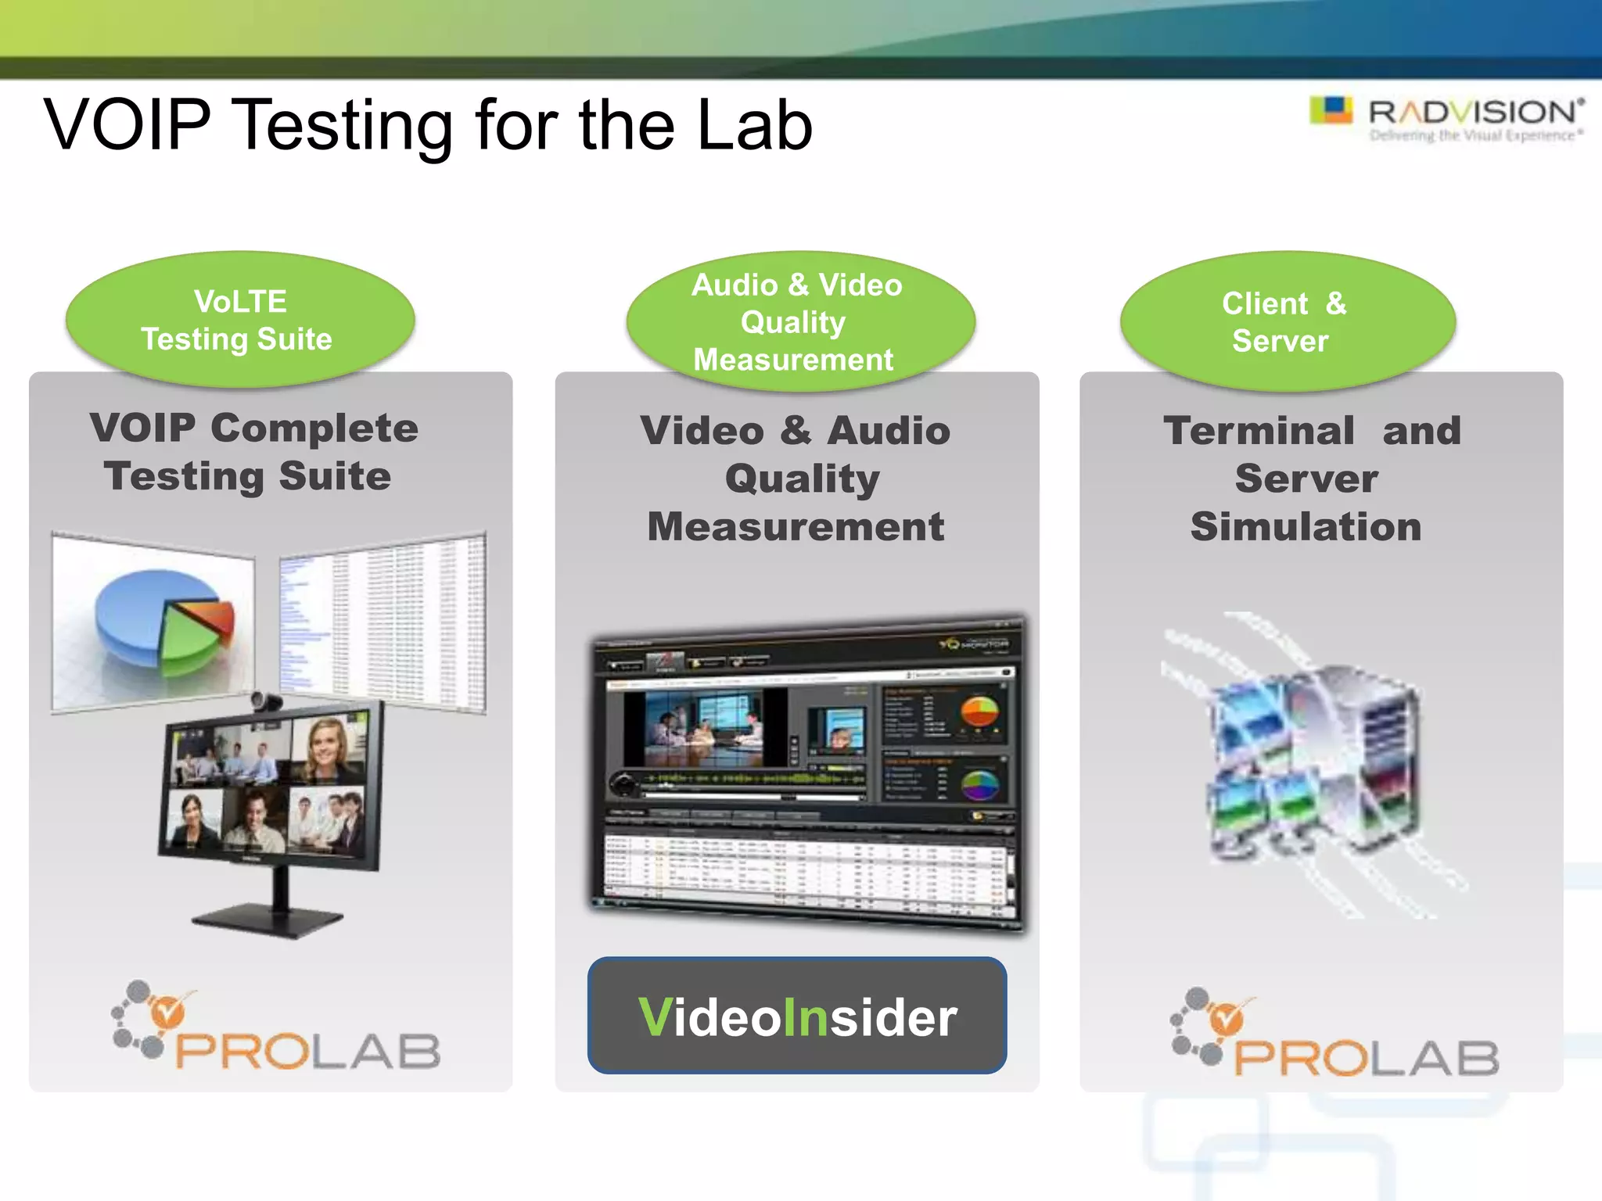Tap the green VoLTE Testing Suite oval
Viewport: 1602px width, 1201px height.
click(x=239, y=321)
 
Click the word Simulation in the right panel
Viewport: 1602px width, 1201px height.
click(x=1305, y=526)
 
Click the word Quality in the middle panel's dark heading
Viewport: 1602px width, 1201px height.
click(x=801, y=479)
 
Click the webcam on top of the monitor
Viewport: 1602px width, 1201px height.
click(x=267, y=701)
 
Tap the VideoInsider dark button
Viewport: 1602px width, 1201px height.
click(x=796, y=1016)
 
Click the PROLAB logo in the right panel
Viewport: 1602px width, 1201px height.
click(x=1334, y=1036)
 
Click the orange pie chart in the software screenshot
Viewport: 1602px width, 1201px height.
click(x=979, y=711)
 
